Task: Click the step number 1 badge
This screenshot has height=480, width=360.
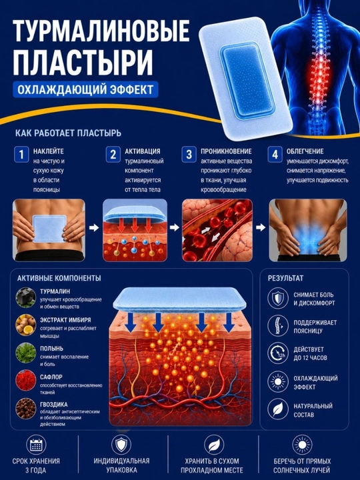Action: coord(21,154)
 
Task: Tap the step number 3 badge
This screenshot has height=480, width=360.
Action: coord(189,154)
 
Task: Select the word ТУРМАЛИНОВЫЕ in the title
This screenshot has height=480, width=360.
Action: coord(101,31)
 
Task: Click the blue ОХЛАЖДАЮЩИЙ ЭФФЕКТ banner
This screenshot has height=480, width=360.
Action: coord(85,89)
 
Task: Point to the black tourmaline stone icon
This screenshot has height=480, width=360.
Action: coord(26,297)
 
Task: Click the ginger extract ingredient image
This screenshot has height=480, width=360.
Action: coord(26,325)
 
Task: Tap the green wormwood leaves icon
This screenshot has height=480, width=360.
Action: coord(26,353)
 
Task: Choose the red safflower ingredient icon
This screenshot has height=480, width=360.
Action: coord(26,381)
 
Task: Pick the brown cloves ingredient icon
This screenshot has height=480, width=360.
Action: coord(26,409)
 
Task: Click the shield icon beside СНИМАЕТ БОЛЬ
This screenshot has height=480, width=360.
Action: coord(278,298)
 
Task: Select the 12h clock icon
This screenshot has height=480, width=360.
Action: coord(278,353)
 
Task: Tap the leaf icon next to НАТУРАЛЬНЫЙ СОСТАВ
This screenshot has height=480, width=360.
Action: coord(278,409)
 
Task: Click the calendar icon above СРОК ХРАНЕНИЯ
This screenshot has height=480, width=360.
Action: coord(36,445)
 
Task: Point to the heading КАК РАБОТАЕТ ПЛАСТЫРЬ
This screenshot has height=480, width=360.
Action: coord(68,133)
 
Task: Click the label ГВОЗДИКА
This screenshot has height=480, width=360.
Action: coord(53,405)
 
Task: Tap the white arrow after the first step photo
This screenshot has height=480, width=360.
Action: coord(94,227)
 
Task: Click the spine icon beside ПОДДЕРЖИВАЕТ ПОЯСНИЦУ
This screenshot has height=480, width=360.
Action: coord(278,326)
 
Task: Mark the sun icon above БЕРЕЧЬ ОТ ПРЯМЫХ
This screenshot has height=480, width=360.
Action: coord(302,445)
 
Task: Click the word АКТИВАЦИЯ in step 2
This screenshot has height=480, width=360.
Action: coord(143,151)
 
